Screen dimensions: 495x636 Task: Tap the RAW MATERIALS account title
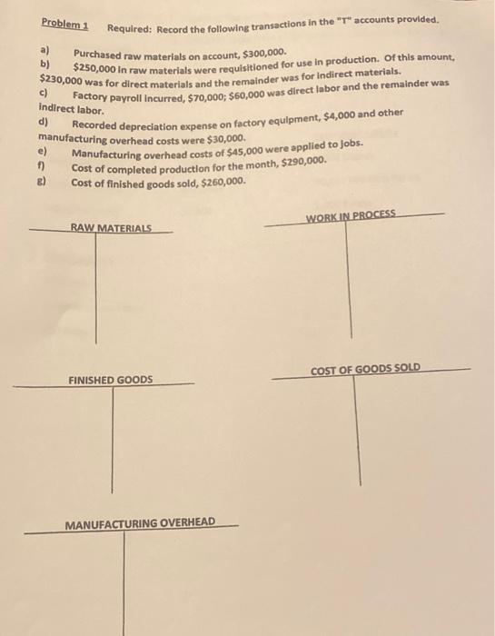pyautogui.click(x=111, y=227)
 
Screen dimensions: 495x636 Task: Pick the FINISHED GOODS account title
pyautogui.click(x=111, y=380)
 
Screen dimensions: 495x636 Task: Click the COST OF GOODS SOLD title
pyautogui.click(x=365, y=369)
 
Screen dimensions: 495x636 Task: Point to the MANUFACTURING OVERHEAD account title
pyautogui.click(x=140, y=523)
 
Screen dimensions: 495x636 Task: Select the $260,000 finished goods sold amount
pyautogui.click(x=222, y=182)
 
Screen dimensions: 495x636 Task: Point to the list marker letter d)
pyautogui.click(x=42, y=121)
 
